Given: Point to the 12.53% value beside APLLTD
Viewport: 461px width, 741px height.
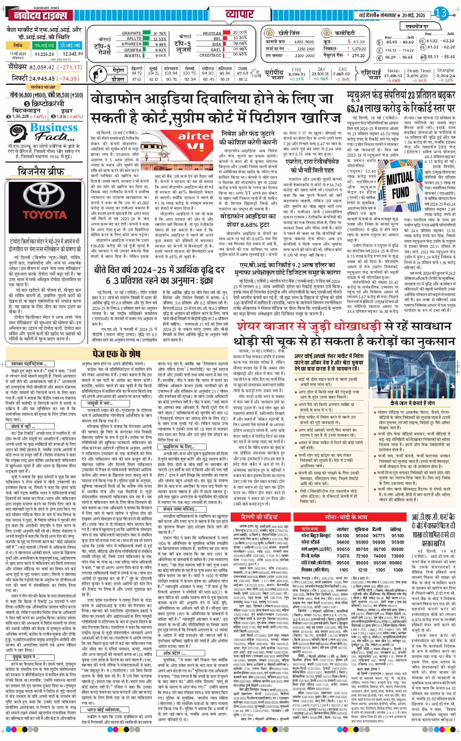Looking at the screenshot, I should pyautogui.click(x=160, y=39).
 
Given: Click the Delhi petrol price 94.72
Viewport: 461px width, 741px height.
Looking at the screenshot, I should pyautogui.click(x=137, y=73).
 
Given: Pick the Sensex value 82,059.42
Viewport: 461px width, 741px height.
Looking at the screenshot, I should pyautogui.click(x=42, y=67).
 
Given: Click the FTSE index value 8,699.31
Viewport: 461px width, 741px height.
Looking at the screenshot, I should pyautogui.click(x=296, y=74).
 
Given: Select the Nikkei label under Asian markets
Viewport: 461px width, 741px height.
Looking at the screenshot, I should pyautogui.click(x=393, y=71).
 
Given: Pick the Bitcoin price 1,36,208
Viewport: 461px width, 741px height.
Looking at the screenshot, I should pyautogui.click(x=20, y=116).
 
